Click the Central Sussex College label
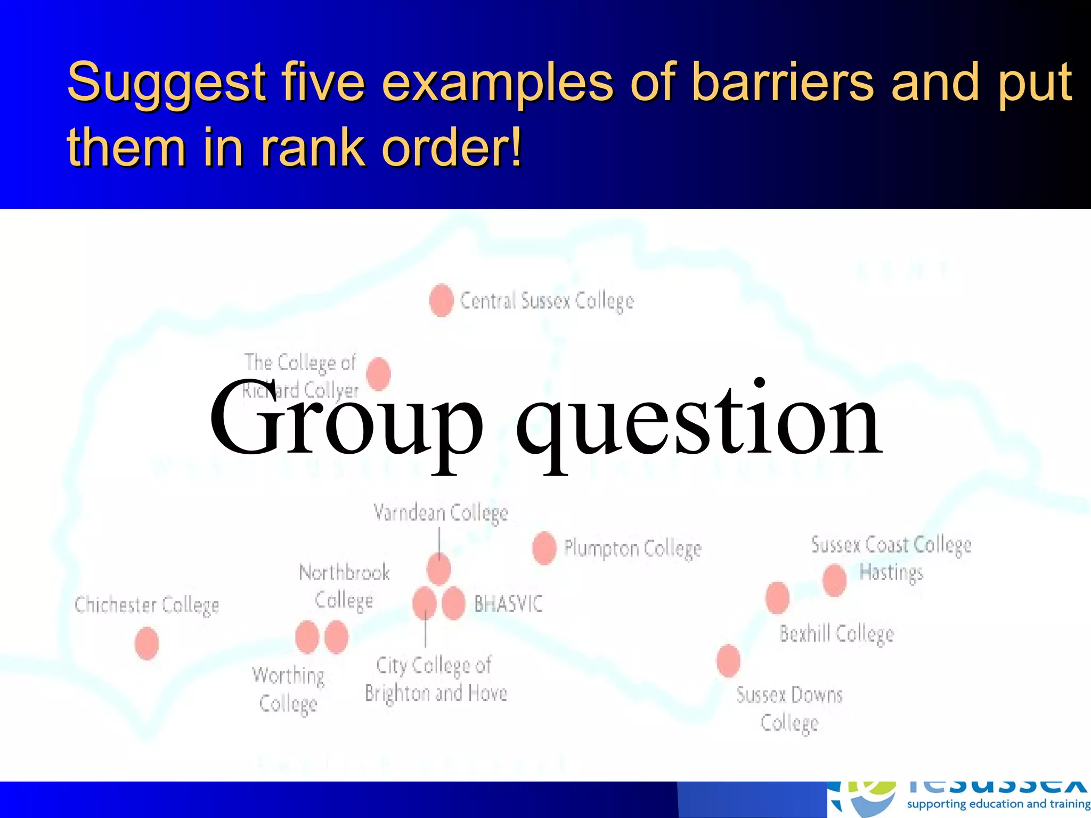(x=547, y=301)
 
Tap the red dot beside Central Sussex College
(x=441, y=300)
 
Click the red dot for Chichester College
(x=146, y=643)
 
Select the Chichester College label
(x=146, y=606)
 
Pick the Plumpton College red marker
(x=544, y=548)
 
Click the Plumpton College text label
(x=633, y=549)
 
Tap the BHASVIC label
(x=508, y=604)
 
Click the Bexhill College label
(x=836, y=634)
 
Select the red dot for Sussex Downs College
(x=728, y=660)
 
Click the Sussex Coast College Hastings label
(x=891, y=558)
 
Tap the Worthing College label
(x=288, y=689)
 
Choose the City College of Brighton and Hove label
(x=435, y=679)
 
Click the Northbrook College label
(x=344, y=586)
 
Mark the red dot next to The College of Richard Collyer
(x=379, y=373)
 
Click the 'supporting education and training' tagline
(x=998, y=804)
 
